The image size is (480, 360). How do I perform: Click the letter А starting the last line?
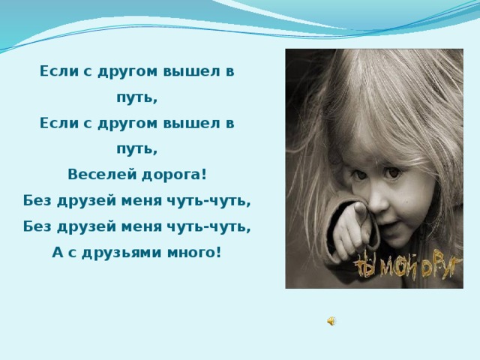pos(57,253)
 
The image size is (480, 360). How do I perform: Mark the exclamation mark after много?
pos(217,252)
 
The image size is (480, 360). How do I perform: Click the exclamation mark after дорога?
pos(204,175)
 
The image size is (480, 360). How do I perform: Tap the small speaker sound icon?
pos(331,321)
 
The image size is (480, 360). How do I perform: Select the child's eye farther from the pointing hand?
pos(393,172)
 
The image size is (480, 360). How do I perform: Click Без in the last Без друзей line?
pos(37,226)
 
